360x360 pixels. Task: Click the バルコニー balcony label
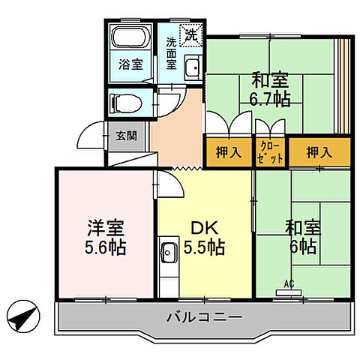coord(203,318)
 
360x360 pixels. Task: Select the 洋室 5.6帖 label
coord(104,237)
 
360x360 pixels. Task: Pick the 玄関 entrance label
coord(125,136)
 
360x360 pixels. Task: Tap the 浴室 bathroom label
coord(132,64)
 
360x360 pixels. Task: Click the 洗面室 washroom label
coord(170,53)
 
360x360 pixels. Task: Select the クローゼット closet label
coord(271,152)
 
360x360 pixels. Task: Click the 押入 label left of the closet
coord(229,152)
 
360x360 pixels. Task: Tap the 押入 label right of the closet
coord(319,152)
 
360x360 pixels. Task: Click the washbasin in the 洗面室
coord(192,66)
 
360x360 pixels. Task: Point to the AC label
coord(288,283)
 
